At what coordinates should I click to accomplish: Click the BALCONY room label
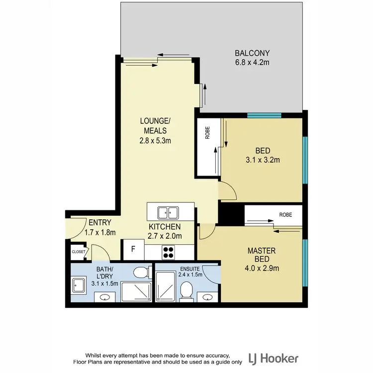click(252, 53)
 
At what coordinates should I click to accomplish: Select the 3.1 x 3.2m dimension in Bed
click(262, 160)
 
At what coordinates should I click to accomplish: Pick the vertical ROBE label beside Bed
click(207, 135)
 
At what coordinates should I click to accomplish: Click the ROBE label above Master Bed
click(285, 215)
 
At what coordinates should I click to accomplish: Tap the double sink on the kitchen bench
click(169, 213)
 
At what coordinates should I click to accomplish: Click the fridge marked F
click(133, 250)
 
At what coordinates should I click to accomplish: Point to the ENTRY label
click(100, 223)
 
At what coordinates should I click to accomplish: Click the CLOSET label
click(79, 252)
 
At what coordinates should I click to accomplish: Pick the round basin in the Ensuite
click(207, 297)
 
